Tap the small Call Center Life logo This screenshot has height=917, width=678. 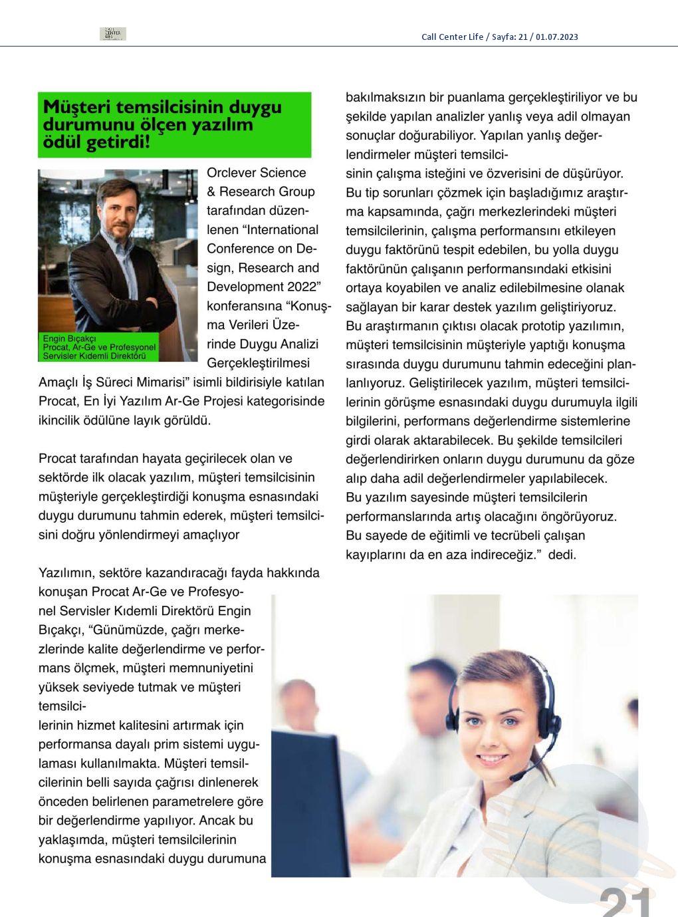[x=112, y=34]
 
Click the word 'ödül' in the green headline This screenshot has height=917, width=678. [x=62, y=142]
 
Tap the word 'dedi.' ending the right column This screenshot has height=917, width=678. [x=562, y=555]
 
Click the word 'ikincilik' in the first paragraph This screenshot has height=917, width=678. [x=61, y=420]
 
